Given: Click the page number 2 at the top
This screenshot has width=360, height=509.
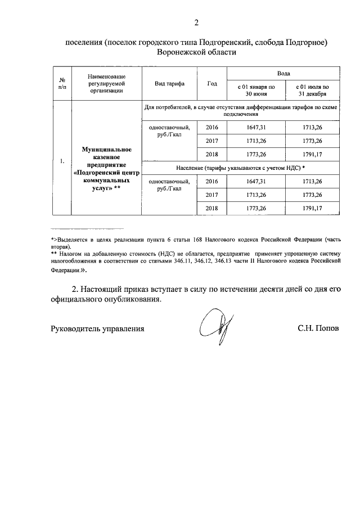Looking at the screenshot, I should tap(196, 23).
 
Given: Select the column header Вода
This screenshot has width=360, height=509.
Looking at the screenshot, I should tap(283, 74).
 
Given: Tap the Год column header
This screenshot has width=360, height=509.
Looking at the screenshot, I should tap(211, 84).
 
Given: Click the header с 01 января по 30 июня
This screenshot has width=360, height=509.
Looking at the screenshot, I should tap(255, 91).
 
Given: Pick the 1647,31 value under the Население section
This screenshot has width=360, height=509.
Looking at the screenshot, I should tap(255, 181).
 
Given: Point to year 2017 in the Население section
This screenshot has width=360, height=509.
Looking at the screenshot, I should tap(211, 195).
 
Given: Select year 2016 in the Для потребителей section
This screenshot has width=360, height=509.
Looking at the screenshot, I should tap(211, 128).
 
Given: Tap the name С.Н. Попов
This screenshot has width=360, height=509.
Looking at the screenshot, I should tap(318, 328).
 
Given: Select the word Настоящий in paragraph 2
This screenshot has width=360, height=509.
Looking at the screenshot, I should tap(105, 289).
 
